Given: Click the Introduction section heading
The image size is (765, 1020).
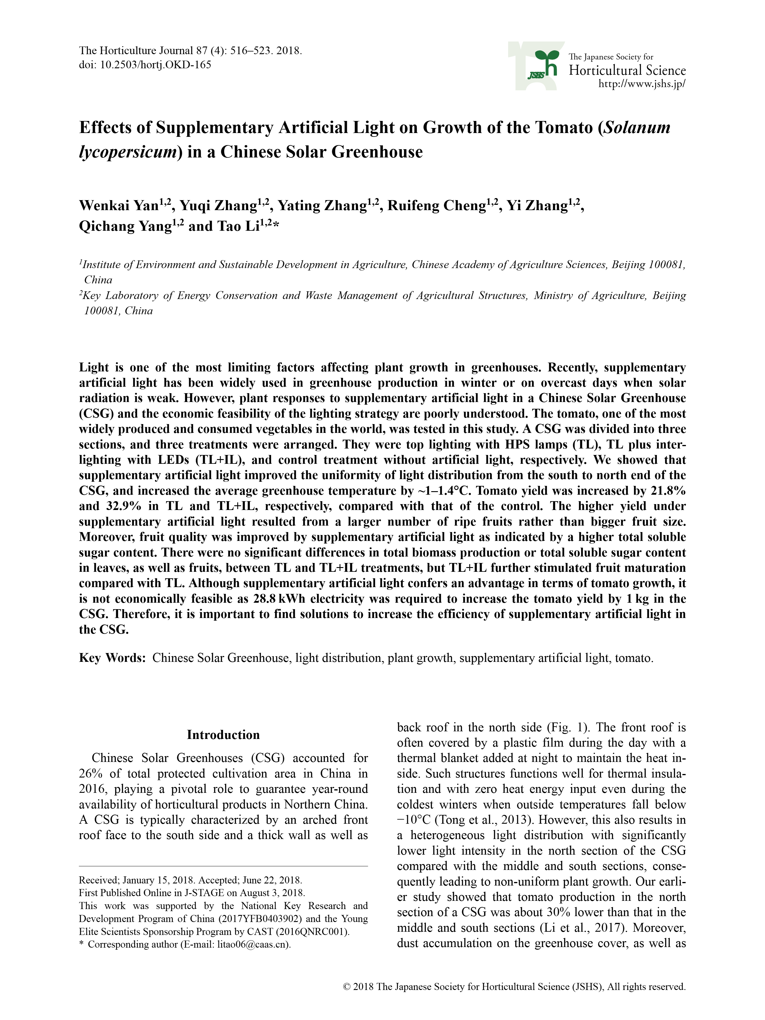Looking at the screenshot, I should [x=223, y=735].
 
